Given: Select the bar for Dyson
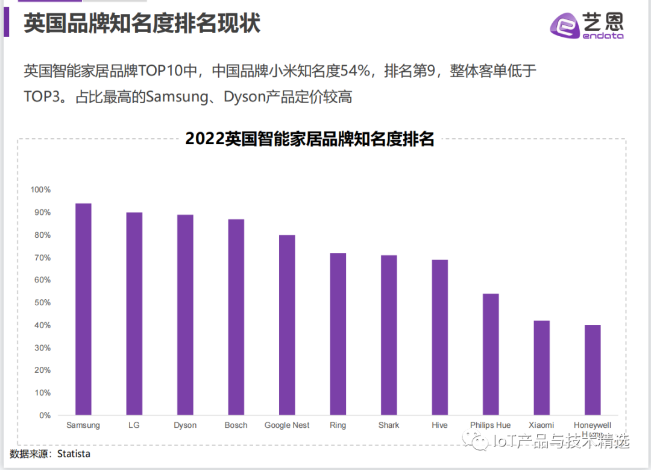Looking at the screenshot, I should tap(185, 315).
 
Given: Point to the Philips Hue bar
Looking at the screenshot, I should tap(491, 354).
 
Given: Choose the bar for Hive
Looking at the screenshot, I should tap(440, 337).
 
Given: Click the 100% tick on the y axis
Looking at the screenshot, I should tap(41, 190).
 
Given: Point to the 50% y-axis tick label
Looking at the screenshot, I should tap(41, 302).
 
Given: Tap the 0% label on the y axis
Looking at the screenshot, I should tap(45, 415).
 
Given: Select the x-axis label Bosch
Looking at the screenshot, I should tap(236, 425).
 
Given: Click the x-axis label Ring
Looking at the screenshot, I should tap(338, 425).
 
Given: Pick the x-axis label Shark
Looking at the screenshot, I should tap(389, 425).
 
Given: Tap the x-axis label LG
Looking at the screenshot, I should tap(134, 425).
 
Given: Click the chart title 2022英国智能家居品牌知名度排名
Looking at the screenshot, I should tap(310, 139).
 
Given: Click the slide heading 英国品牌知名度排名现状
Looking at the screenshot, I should tap(142, 24).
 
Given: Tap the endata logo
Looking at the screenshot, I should tap(587, 26).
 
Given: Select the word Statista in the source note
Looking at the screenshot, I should tap(74, 454).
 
